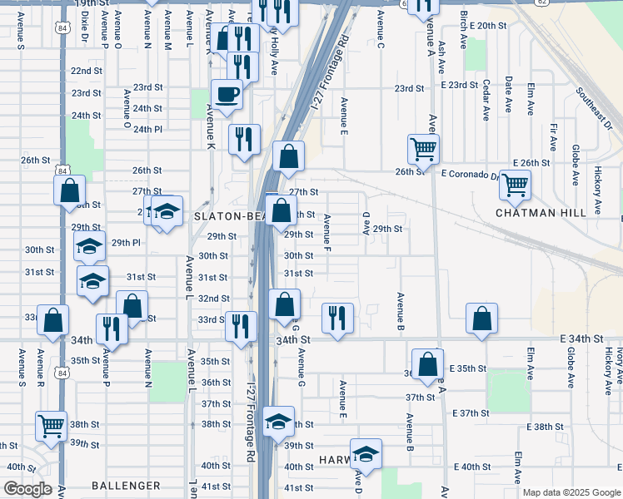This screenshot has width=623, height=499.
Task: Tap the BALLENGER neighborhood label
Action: (x=126, y=486)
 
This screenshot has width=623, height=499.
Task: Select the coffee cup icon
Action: (x=227, y=96)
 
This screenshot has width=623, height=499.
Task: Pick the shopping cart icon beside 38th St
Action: (x=52, y=426)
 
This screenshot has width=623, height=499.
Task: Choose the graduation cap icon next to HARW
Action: (x=366, y=454)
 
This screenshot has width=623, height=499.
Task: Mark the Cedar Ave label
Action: (x=486, y=101)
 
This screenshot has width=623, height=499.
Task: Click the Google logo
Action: (x=27, y=489)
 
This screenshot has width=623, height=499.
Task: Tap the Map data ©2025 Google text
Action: (x=571, y=492)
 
